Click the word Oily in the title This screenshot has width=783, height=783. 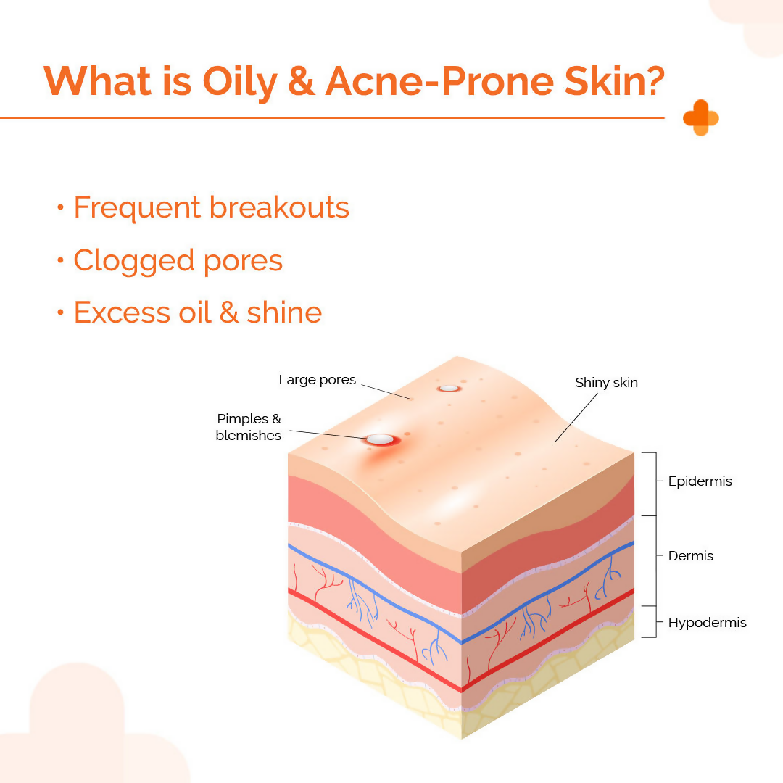241,81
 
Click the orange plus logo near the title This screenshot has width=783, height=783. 700,118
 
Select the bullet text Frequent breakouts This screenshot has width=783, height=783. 211,208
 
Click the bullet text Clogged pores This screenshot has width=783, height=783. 178,261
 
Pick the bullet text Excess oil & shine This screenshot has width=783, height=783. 197,313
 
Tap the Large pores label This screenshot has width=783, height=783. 317,380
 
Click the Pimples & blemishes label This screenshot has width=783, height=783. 248,427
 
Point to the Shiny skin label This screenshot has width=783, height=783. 606,382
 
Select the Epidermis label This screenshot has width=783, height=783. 700,481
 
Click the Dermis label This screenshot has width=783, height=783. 690,556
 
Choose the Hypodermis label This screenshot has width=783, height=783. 707,623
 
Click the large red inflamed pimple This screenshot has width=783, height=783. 380,440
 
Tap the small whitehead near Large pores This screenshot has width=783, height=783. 449,388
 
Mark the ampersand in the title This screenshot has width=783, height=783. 300,81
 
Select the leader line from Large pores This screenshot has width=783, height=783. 386,391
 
